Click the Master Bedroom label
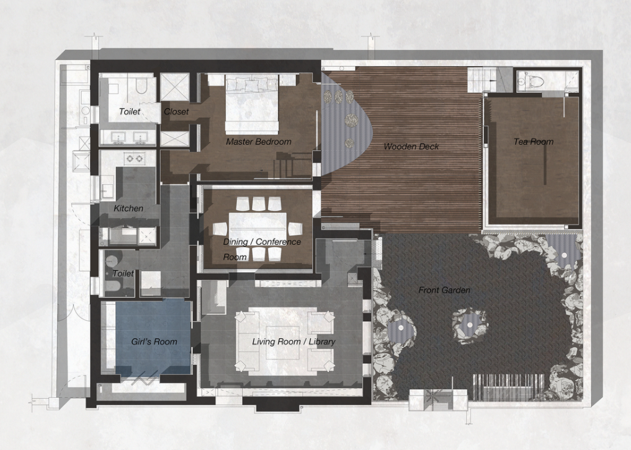(x=258, y=141)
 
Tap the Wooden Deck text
(x=411, y=146)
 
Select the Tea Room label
(x=533, y=141)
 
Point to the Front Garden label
(x=444, y=290)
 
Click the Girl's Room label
(x=154, y=342)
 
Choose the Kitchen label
(x=128, y=208)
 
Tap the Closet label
(x=176, y=112)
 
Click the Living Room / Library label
(x=293, y=342)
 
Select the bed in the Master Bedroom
(x=252, y=104)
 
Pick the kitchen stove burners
(x=135, y=159)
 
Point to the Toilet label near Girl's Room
(x=123, y=273)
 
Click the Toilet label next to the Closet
(x=130, y=112)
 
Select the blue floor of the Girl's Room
(x=153, y=338)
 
